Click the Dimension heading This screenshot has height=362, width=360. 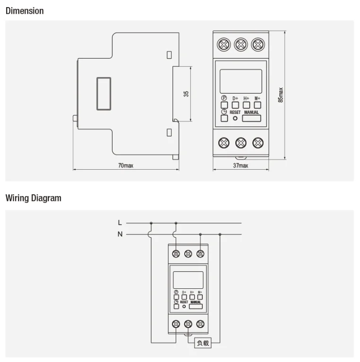click(25, 11)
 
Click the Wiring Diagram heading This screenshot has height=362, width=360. click(33, 198)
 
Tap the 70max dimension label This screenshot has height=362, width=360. click(125, 166)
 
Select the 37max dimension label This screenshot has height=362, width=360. click(240, 166)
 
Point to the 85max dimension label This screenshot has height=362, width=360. click(281, 95)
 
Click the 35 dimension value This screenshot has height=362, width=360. click(186, 94)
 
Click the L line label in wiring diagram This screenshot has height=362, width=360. click(120, 222)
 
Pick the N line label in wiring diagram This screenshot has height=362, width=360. click(120, 234)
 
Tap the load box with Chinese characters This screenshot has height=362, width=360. click(203, 344)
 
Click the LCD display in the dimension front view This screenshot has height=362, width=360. click(241, 81)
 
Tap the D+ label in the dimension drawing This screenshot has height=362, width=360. click(235, 98)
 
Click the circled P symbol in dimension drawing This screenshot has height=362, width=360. click(224, 98)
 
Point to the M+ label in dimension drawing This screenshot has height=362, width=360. click(257, 98)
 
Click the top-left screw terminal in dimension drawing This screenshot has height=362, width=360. click(224, 45)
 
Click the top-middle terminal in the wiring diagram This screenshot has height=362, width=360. click(188, 254)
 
